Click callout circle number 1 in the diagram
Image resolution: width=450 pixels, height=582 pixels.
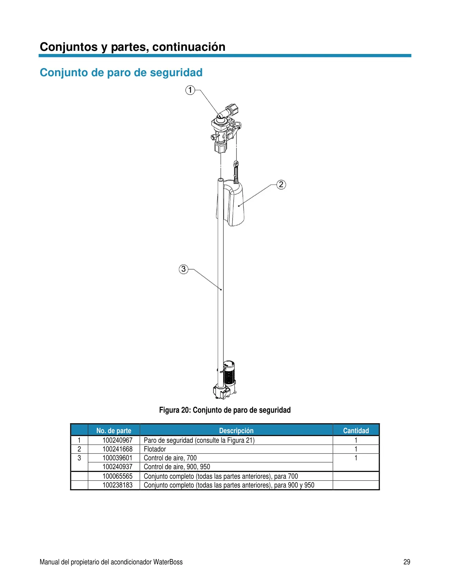pyautogui.click(x=190, y=90)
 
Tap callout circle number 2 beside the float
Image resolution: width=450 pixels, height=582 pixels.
pyautogui.click(x=281, y=184)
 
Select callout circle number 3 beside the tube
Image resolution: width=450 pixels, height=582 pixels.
pyautogui.click(x=184, y=269)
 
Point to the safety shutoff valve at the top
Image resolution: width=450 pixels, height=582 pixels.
pyautogui.click(x=226, y=128)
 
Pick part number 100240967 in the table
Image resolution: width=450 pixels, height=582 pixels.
pyautogui.click(x=118, y=440)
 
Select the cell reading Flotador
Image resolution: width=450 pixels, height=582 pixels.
pyautogui.click(x=155, y=449)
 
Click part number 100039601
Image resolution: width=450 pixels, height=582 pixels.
pyautogui.click(x=118, y=458)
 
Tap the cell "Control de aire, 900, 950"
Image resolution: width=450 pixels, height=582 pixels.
pyautogui.click(x=177, y=467)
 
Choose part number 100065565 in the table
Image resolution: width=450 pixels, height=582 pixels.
pyautogui.click(x=118, y=476)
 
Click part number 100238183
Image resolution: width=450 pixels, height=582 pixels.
pyautogui.click(x=118, y=485)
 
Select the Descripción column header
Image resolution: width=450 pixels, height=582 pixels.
pyautogui.click(x=236, y=431)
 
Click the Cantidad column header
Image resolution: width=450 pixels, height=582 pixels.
pyautogui.click(x=356, y=431)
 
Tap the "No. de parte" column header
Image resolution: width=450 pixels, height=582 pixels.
pyautogui.click(x=114, y=431)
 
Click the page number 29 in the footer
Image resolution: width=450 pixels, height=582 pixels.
pyautogui.click(x=407, y=562)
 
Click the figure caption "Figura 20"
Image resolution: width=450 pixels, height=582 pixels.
pyautogui.click(x=174, y=410)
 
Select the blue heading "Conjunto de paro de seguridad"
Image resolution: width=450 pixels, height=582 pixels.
pyautogui.click(x=121, y=73)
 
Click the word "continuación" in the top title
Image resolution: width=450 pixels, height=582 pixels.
pyautogui.click(x=189, y=47)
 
